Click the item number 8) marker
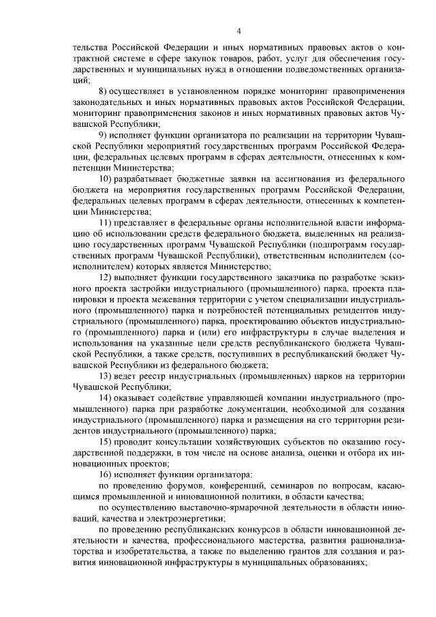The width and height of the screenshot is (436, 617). click(x=104, y=91)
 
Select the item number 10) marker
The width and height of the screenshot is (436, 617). click(x=106, y=178)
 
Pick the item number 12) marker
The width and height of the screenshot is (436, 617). click(x=106, y=277)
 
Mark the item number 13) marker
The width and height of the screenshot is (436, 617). click(x=106, y=377)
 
